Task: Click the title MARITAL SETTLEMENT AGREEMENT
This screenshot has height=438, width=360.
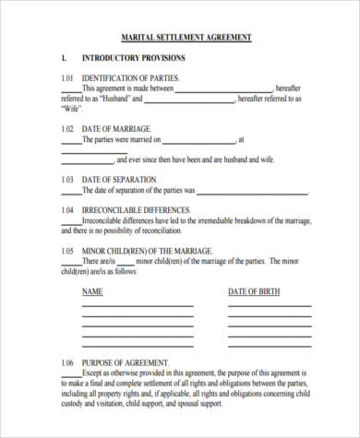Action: click(x=186, y=38)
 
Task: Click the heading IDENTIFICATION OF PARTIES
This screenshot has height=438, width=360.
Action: click(x=131, y=78)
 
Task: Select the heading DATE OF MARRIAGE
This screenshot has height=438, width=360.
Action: click(x=117, y=129)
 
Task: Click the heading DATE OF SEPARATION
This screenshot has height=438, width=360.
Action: click(x=120, y=179)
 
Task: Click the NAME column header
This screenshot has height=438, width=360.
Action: click(x=92, y=292)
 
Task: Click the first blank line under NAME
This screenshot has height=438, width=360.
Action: click(x=138, y=306)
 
